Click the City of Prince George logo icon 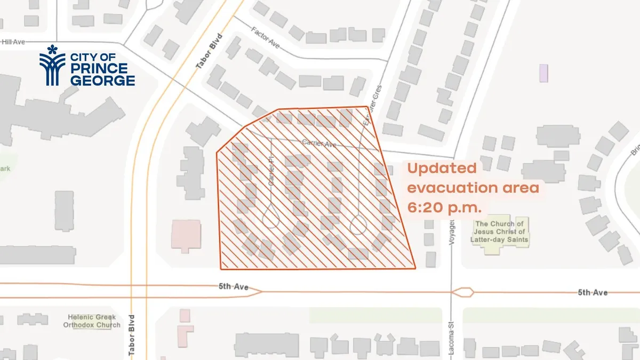pyautogui.click(x=52, y=66)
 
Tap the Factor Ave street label pyautogui.click(x=266, y=40)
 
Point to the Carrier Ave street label pyautogui.click(x=319, y=142)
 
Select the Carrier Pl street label pyautogui.click(x=271, y=173)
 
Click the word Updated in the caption pyautogui.click(x=442, y=169)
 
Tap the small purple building pyautogui.click(x=543, y=73)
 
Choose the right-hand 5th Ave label pyautogui.click(x=593, y=292)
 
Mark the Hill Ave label pyautogui.click(x=13, y=41)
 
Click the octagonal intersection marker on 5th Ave pyautogui.click(x=462, y=292)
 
